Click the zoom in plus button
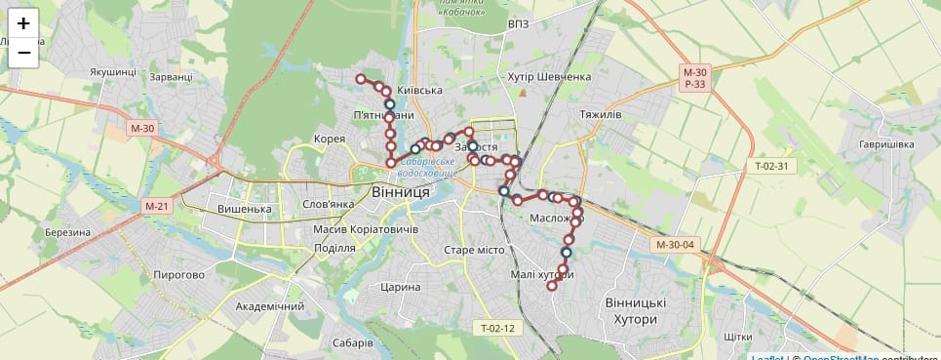[23, 23]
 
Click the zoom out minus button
[23, 53]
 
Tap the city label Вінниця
[401, 192]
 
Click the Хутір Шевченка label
[550, 77]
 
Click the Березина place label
[67, 232]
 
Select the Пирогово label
[179, 275]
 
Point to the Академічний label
[269, 306]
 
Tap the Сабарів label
[352, 342]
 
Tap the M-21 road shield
[157, 206]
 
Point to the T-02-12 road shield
[496, 328]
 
